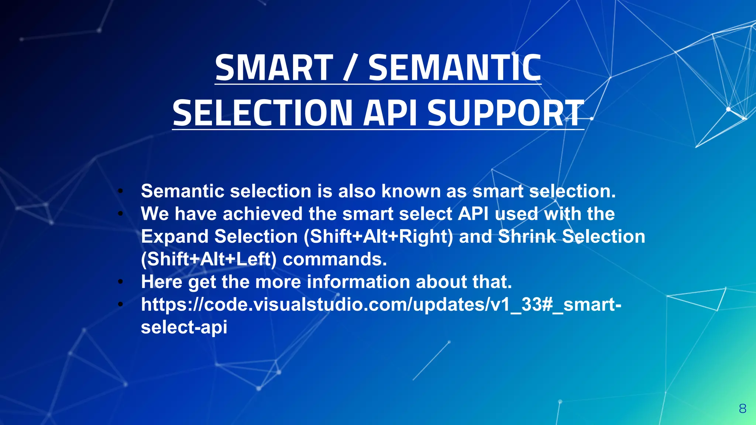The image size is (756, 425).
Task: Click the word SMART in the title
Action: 274,68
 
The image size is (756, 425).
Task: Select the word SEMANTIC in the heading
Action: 455,68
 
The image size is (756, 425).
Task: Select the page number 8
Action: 743,409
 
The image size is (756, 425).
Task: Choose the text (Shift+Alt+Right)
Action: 378,236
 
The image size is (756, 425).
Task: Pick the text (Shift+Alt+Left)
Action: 209,259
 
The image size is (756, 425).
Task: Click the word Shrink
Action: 527,236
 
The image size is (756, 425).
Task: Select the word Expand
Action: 175,236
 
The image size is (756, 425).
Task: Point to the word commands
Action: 335,259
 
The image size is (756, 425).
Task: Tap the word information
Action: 358,282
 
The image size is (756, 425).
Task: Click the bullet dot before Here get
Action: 120,282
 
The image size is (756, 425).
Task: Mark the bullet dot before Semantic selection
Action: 120,191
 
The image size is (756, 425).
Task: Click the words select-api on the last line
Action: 184,327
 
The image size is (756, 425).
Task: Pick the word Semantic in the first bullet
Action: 183,191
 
